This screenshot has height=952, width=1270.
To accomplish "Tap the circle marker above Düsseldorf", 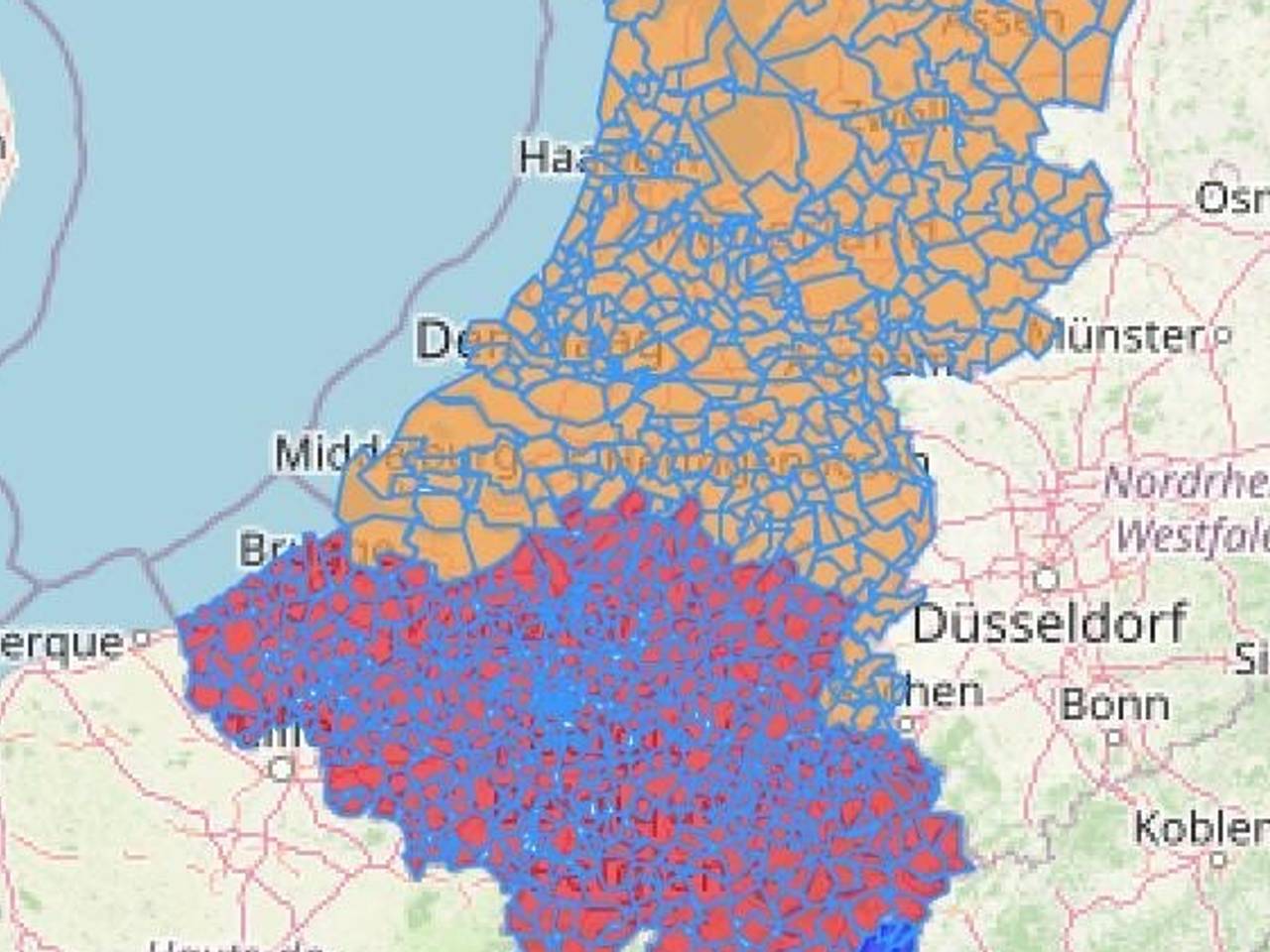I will [1046, 577].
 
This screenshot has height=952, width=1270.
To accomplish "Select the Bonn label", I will [1115, 705].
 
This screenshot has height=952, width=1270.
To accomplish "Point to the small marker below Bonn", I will [1114, 737].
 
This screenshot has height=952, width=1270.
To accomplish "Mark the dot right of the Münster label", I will [1222, 336].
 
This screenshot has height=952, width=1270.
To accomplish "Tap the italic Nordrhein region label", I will [1187, 484].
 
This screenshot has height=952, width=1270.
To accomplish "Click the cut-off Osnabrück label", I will [1231, 197].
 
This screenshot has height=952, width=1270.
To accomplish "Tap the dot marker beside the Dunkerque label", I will [141, 639].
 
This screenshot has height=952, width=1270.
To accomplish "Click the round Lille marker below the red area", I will [283, 769].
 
